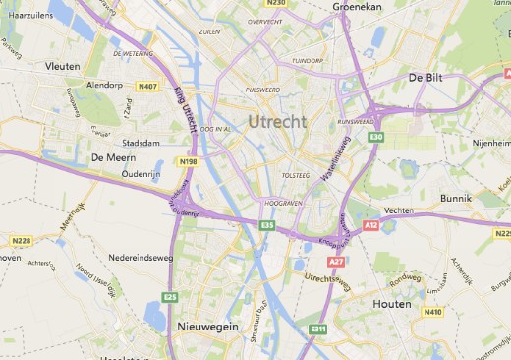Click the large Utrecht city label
point(277,121)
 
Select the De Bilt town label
point(428,77)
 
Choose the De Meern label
point(111,156)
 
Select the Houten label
point(392,304)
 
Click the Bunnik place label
point(456,198)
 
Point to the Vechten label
point(398,210)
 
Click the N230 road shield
point(276,3)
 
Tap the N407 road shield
point(147,87)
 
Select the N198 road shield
point(189,161)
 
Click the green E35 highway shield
point(267,225)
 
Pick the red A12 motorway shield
point(370,225)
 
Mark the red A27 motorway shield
point(336,262)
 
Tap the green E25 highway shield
point(170,296)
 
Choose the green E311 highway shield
point(317,328)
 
